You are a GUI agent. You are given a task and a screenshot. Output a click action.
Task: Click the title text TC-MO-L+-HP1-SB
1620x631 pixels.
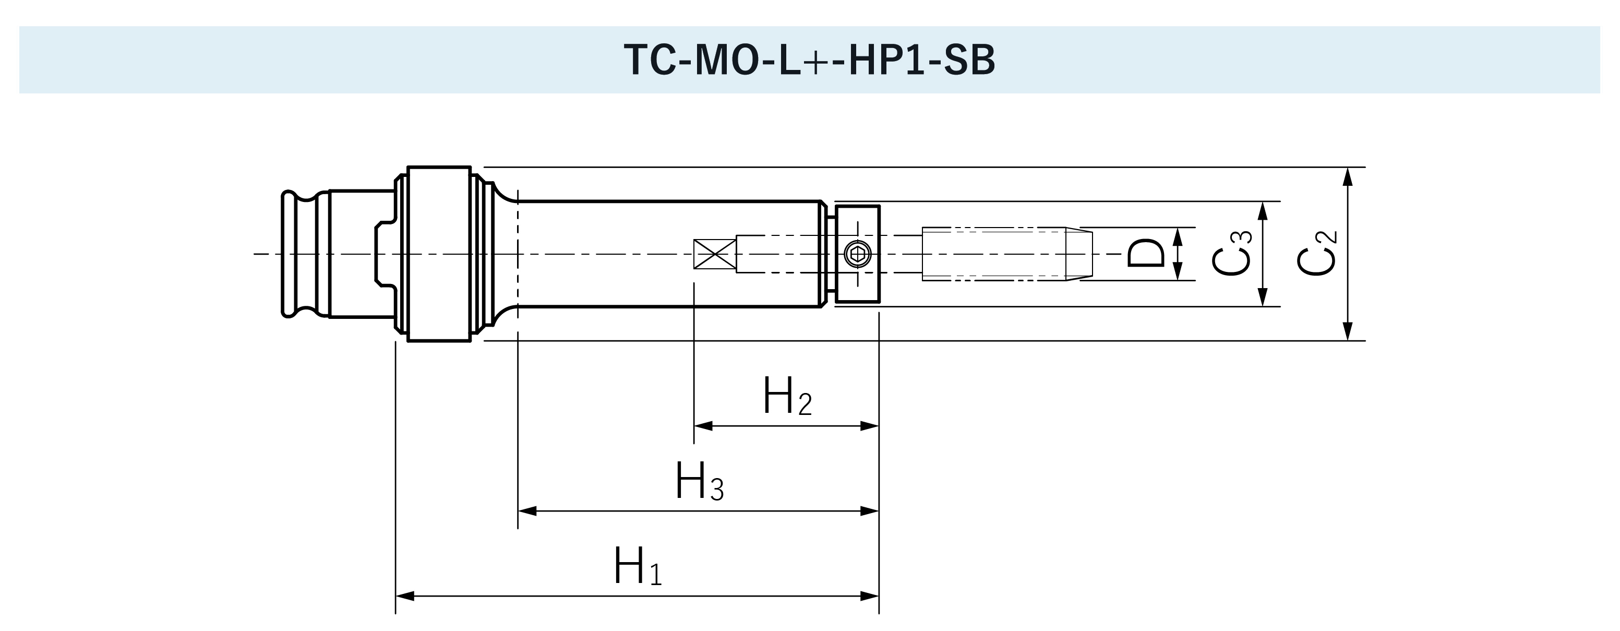pyautogui.click(x=809, y=61)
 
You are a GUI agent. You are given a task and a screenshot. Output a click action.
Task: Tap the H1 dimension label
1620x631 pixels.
pyautogui.click(x=637, y=566)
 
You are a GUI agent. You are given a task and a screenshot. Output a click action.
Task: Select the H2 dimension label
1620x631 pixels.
pyautogui.click(x=787, y=396)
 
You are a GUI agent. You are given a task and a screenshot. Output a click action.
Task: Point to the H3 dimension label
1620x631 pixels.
pyautogui.click(x=699, y=482)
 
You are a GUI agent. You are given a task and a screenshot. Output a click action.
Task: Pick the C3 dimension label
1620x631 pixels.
pyautogui.click(x=1232, y=254)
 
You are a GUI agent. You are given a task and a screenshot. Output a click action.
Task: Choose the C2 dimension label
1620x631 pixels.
pyautogui.click(x=1317, y=254)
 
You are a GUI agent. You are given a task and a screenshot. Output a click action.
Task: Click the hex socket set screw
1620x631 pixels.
pyautogui.click(x=857, y=254)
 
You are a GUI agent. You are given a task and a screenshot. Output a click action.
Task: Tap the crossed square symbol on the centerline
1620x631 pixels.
pyautogui.click(x=715, y=254)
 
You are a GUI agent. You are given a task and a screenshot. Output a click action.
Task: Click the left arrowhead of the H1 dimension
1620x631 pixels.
pyautogui.click(x=404, y=596)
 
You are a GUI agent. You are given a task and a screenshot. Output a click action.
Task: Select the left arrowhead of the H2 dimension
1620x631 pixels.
pyautogui.click(x=702, y=426)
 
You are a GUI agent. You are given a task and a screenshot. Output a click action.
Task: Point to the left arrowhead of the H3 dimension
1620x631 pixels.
pyautogui.click(x=526, y=511)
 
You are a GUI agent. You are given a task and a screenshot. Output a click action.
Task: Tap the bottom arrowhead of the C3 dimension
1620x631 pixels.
pyautogui.click(x=1262, y=297)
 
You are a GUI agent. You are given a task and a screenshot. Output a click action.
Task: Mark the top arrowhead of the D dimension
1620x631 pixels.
pyautogui.click(x=1178, y=236)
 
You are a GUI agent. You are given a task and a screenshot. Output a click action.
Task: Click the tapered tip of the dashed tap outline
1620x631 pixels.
pyautogui.click(x=1079, y=254)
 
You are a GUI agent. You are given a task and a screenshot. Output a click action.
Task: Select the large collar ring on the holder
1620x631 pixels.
pyautogui.click(x=439, y=254)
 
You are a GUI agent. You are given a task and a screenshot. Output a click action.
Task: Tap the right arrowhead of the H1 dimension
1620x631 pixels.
pyautogui.click(x=870, y=596)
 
